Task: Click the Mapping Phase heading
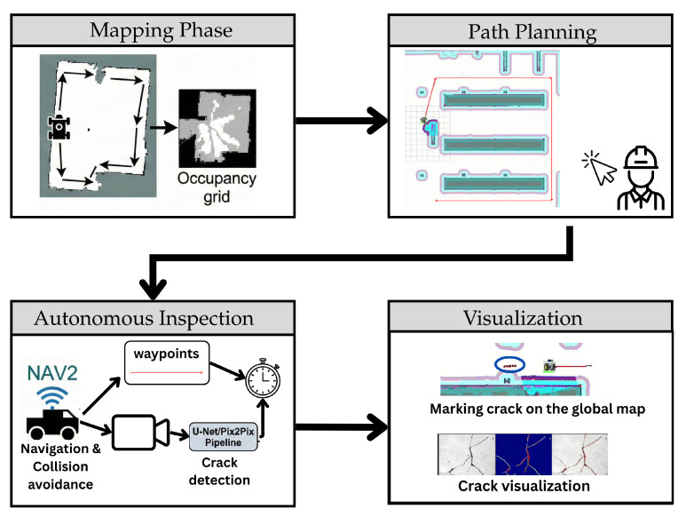pyautogui.click(x=161, y=30)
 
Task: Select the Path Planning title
pyautogui.click(x=532, y=32)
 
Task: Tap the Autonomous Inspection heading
pyautogui.click(x=144, y=318)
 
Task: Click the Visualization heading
pyautogui.click(x=523, y=318)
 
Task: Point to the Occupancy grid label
pyautogui.click(x=217, y=187)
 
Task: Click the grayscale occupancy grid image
pyautogui.click(x=217, y=128)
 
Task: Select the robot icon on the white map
pyautogui.click(x=59, y=127)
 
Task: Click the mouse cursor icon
pyautogui.click(x=600, y=168)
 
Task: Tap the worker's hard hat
pyautogui.click(x=641, y=157)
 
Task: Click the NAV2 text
pyautogui.click(x=52, y=373)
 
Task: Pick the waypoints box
pyautogui.click(x=167, y=363)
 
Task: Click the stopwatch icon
pyautogui.click(x=263, y=378)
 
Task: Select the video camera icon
pyautogui.click(x=141, y=433)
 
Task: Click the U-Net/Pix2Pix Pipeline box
pyautogui.click(x=223, y=436)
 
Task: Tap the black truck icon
pyautogui.click(x=53, y=424)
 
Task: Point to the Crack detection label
pyautogui.click(x=219, y=471)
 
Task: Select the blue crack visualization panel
pyautogui.click(x=524, y=455)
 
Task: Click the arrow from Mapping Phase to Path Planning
pyautogui.click(x=342, y=121)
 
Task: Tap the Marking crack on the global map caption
pyautogui.click(x=537, y=409)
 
